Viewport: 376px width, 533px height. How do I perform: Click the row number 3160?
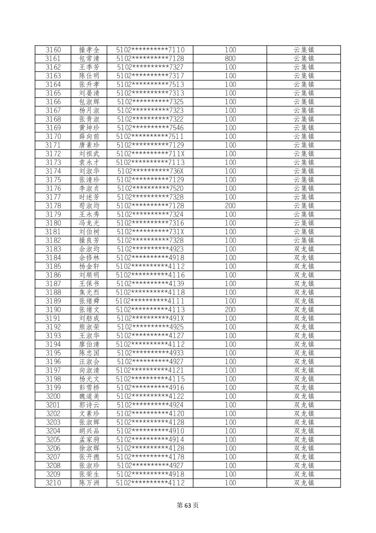(x=53, y=50)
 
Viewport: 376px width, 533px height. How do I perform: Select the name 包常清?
(x=89, y=59)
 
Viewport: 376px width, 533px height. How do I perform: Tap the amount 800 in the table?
(x=230, y=59)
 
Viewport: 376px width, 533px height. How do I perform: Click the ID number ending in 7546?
(x=150, y=128)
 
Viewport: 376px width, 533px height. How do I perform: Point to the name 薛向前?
(x=89, y=136)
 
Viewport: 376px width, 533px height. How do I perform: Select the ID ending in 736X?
(x=150, y=171)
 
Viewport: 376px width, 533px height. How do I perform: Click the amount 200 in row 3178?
(x=230, y=205)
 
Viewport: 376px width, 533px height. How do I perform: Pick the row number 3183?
(x=53, y=249)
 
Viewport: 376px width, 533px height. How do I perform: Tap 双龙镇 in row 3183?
(x=304, y=249)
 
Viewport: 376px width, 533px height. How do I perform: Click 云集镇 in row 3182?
(x=304, y=240)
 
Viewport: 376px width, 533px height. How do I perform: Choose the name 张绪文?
(x=89, y=310)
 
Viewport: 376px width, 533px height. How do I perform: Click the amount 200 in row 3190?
(x=230, y=310)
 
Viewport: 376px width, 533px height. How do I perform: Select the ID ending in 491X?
(x=150, y=318)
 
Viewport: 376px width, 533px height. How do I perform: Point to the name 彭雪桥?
(x=89, y=387)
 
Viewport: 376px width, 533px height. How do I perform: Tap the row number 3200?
(x=53, y=396)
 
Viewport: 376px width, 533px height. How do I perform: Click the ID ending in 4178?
(x=150, y=457)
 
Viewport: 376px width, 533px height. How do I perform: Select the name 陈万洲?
(x=89, y=483)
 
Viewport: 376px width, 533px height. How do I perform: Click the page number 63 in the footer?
(x=188, y=505)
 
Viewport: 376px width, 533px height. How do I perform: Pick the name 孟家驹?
(x=89, y=439)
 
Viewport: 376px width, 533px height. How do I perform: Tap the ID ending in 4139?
(x=150, y=284)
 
